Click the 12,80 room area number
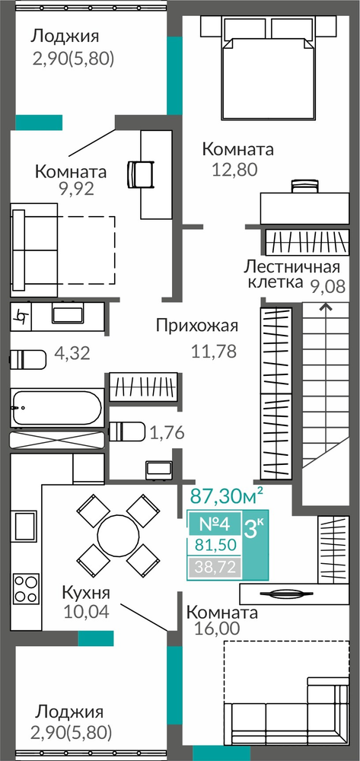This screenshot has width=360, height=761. [x=234, y=170]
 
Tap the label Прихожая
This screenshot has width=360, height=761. [x=197, y=326]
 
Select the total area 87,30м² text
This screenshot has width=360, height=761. [x=227, y=495]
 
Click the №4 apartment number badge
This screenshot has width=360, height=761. [x=215, y=524]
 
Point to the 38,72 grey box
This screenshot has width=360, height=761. [x=215, y=566]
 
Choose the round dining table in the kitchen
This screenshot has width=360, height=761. [x=119, y=535]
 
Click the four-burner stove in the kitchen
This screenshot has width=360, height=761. [x=26, y=588]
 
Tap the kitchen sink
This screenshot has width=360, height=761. [x=25, y=526]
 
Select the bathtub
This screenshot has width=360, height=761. [x=57, y=407]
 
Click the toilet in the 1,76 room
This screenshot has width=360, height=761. [x=127, y=431]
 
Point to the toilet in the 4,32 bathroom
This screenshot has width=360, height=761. [x=28, y=360]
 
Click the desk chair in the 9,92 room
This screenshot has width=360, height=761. [x=140, y=174]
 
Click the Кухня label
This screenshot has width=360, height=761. [x=86, y=592]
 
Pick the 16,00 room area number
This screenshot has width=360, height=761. [x=217, y=628]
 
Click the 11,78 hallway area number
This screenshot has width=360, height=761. [x=213, y=350]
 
